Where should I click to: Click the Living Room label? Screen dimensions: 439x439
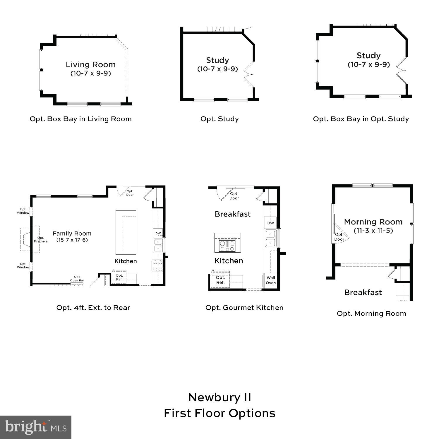[90, 65]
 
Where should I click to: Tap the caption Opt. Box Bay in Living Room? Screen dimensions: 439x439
[80, 119]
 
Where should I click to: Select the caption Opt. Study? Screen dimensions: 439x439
[220, 119]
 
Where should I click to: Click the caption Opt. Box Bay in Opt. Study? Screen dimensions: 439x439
[361, 119]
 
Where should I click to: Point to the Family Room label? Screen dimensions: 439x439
[72, 234]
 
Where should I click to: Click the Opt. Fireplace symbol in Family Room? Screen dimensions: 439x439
[30, 239]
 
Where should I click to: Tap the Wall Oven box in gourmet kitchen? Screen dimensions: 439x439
[271, 280]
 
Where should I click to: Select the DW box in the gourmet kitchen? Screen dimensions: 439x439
[271, 223]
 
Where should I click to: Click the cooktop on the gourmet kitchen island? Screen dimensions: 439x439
[227, 245]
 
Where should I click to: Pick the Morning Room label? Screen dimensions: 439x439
[373, 222]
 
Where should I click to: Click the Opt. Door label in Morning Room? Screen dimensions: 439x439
[339, 237]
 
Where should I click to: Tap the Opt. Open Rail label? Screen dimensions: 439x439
[77, 279]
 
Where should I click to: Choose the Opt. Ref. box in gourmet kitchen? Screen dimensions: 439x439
[220, 280]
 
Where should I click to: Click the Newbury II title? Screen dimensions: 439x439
[220, 397]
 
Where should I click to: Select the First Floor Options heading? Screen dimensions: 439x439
[220, 413]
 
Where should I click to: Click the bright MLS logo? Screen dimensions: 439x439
[35, 427]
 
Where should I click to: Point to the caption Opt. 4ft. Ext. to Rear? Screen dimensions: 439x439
[93, 308]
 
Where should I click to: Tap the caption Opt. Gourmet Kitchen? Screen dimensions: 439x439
[244, 308]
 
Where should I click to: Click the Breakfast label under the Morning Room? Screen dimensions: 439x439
[363, 292]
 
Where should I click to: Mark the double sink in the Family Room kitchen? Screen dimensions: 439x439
[158, 245]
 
